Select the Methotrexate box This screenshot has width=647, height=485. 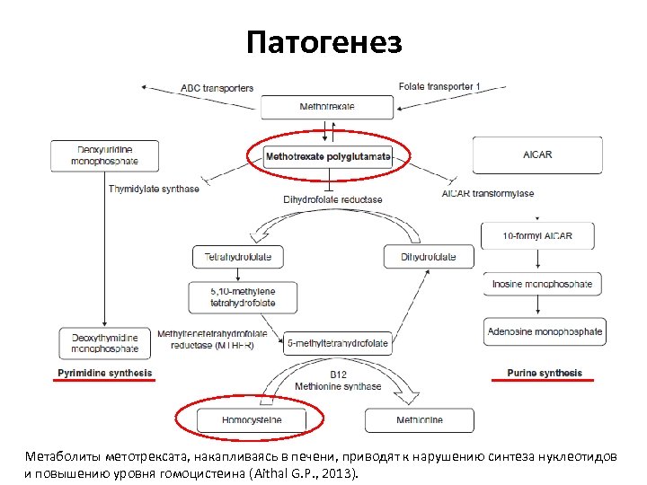(327, 107)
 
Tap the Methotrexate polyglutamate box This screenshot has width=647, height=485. (328, 155)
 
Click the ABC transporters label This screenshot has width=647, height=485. (217, 88)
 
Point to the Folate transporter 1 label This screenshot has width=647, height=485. (439, 86)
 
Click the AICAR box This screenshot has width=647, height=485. (536, 154)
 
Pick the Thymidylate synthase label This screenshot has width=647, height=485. (154, 189)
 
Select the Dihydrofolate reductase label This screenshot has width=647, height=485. (332, 198)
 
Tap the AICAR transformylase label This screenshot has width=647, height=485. (488, 193)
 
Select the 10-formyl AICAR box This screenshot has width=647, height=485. (538, 236)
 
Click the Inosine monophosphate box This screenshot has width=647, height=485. (542, 285)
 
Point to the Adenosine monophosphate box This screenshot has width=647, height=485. (545, 331)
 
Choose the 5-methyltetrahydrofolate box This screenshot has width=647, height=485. (337, 343)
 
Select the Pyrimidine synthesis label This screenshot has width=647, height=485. (104, 373)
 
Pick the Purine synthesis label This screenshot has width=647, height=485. (544, 373)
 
